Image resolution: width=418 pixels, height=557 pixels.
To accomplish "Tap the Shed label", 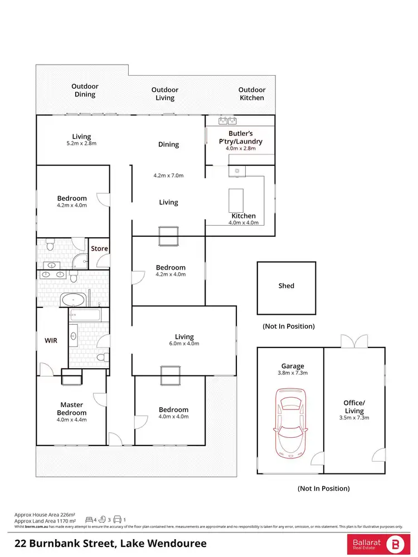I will (286, 286).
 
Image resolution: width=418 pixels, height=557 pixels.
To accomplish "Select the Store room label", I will (99, 248).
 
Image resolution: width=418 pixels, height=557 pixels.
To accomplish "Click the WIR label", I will (51, 339).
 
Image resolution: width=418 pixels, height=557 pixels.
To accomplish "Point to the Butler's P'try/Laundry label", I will (240, 138).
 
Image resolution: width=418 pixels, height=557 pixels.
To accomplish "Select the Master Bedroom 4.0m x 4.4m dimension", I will (71, 420).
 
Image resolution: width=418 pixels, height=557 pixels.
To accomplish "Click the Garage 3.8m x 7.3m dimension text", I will (293, 374).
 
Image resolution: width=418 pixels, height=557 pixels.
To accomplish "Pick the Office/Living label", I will (354, 407).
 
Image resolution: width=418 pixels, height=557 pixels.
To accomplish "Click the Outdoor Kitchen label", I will (251, 94).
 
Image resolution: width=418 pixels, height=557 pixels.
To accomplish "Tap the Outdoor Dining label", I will (85, 90).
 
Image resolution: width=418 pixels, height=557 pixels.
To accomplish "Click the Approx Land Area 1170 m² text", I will (45, 521).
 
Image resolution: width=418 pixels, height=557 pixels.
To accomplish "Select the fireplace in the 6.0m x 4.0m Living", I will (169, 375).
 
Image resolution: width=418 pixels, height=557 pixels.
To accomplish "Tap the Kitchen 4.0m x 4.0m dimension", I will (244, 223).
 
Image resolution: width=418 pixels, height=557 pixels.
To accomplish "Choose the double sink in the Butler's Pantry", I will (229, 120).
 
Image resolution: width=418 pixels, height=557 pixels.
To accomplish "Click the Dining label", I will (168, 144).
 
